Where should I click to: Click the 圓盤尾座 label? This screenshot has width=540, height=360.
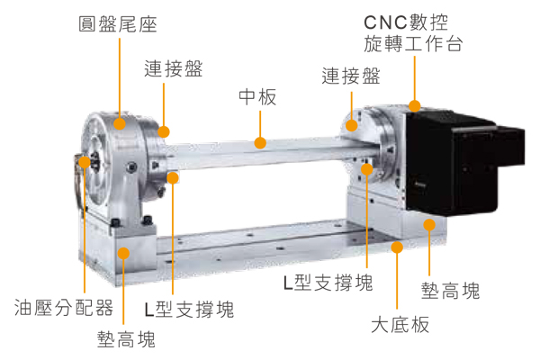[x=118, y=24]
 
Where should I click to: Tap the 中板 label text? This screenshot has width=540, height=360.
[x=257, y=97]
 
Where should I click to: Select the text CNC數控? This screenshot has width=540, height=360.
[x=406, y=22]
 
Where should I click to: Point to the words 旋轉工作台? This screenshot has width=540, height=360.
[x=413, y=44]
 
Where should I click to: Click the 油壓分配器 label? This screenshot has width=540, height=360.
[x=64, y=307]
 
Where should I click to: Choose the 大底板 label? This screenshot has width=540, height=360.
[x=400, y=325]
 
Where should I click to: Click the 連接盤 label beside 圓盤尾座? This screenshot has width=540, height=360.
[x=173, y=68]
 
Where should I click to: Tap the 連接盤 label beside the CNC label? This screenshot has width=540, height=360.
[x=351, y=76]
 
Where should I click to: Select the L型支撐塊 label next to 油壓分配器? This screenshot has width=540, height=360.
[x=189, y=309]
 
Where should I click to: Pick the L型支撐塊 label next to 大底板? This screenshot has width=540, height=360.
[x=328, y=283]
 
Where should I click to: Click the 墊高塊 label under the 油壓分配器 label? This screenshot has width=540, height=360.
[x=126, y=339]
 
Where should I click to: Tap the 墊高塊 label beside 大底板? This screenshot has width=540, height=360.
[x=450, y=291]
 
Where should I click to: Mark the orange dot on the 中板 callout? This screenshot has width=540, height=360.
[x=260, y=142]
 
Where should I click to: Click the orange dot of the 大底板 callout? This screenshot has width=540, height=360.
[x=397, y=247]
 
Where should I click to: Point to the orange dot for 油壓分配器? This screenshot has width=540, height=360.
[x=85, y=162]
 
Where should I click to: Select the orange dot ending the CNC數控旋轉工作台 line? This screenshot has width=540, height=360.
[x=415, y=106]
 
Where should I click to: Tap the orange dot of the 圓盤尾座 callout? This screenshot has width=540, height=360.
[x=120, y=124]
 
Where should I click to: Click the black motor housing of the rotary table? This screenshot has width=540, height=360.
[x=462, y=162]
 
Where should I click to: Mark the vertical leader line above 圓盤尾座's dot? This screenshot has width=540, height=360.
[x=120, y=78]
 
